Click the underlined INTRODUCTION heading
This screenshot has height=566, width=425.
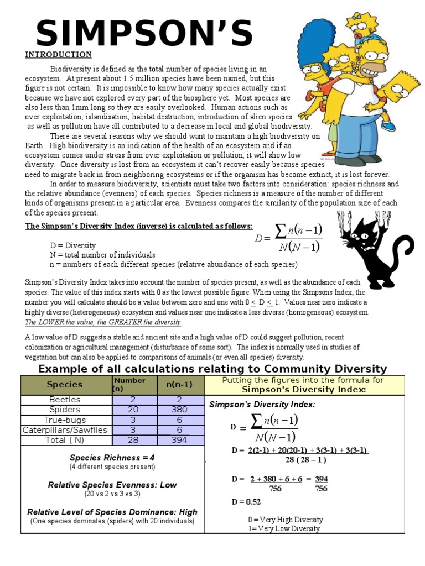[x=58, y=55]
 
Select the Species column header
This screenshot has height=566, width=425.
[x=65, y=384]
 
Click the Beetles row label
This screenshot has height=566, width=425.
[x=65, y=400]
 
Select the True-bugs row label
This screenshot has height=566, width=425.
[x=65, y=420]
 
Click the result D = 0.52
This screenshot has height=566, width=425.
[x=246, y=502]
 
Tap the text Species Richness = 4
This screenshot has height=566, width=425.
[x=112, y=458]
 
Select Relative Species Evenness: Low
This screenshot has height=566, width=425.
[x=112, y=485]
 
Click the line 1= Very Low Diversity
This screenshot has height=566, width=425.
[x=284, y=528]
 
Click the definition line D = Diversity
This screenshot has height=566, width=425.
[x=72, y=245]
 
